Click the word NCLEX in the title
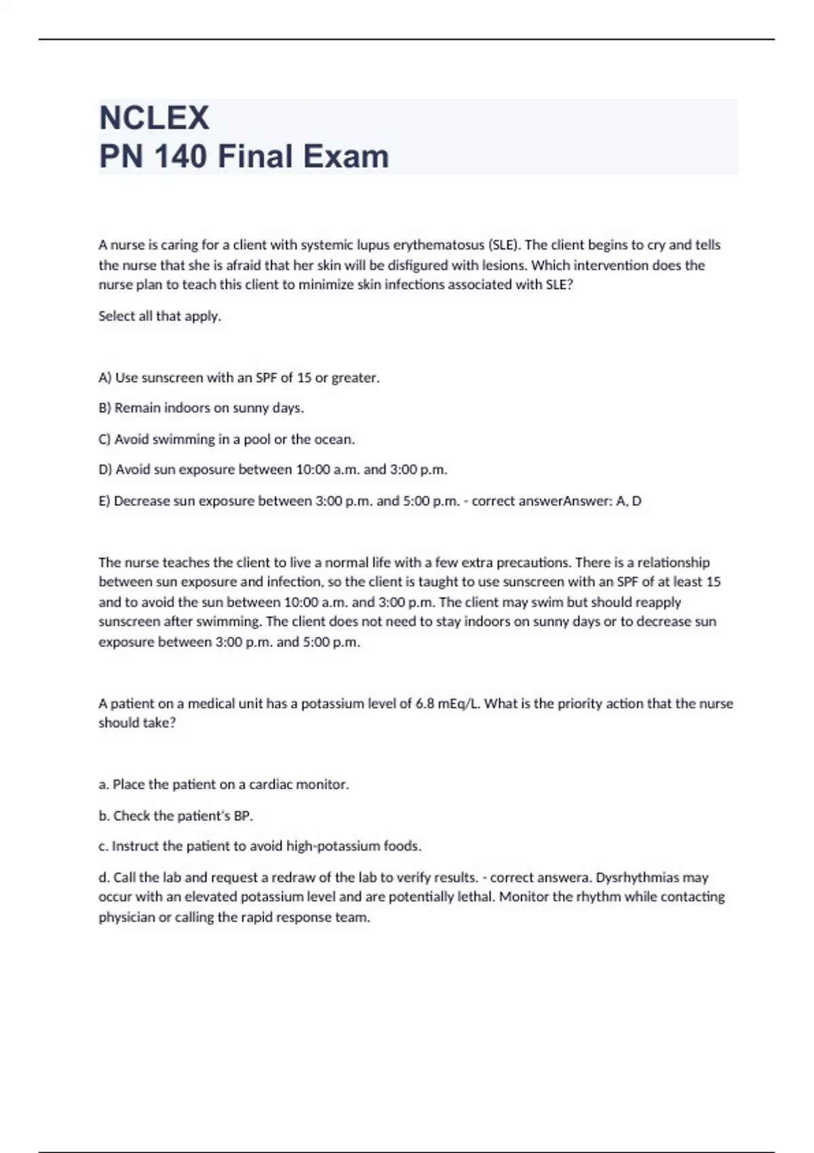pyautogui.click(x=154, y=118)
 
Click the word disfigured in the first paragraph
pyautogui.click(x=421, y=265)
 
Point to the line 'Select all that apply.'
pyautogui.click(x=160, y=316)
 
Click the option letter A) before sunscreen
pyautogui.click(x=105, y=378)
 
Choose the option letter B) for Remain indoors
pyautogui.click(x=105, y=408)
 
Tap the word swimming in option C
pyautogui.click(x=184, y=439)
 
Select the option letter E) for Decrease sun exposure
pyautogui.click(x=104, y=501)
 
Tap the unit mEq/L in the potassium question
pyautogui.click(x=459, y=703)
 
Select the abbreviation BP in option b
pyautogui.click(x=242, y=816)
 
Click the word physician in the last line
pyautogui.click(x=127, y=918)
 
